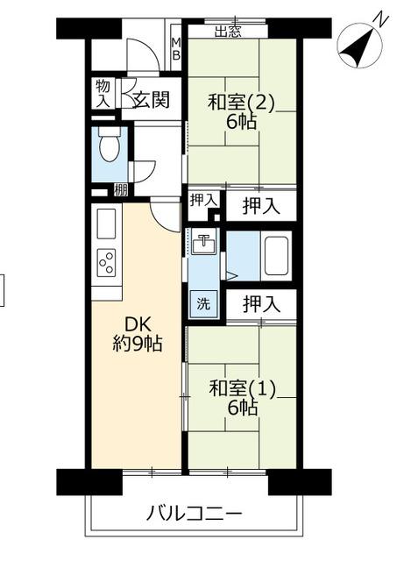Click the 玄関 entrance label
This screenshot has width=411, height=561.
[x=151, y=99]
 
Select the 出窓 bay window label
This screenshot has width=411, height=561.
[x=228, y=32]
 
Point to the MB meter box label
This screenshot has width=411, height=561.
[x=177, y=49]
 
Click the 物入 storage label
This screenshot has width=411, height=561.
[x=103, y=93]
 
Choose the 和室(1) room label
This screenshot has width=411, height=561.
[x=242, y=388]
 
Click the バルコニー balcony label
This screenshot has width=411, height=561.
[x=195, y=515]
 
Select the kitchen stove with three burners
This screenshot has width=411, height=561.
[x=107, y=263]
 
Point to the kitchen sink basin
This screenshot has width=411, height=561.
[x=107, y=224]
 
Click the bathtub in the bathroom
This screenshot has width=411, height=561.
[x=276, y=255]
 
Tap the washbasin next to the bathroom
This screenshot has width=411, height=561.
[x=203, y=243]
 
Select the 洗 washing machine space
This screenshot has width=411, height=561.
[x=203, y=303]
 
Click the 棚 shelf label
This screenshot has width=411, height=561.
[x=121, y=190]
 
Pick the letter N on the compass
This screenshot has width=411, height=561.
[x=380, y=19]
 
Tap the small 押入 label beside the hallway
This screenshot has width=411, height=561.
[x=203, y=201]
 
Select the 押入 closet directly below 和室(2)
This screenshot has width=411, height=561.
[x=261, y=207]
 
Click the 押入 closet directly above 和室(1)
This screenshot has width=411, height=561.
[x=261, y=304]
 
